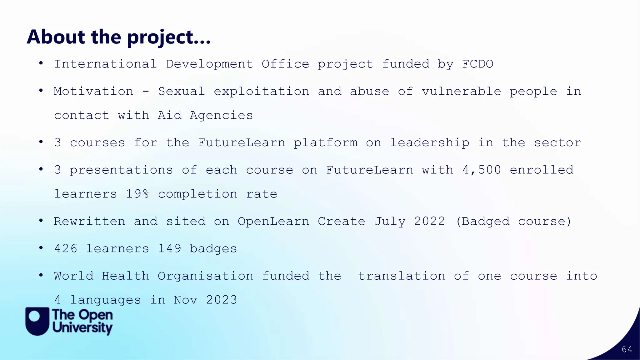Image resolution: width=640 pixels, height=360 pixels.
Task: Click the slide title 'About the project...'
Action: (x=119, y=37)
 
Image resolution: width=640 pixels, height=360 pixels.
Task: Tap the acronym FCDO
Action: (x=477, y=64)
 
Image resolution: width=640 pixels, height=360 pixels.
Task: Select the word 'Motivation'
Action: (x=93, y=92)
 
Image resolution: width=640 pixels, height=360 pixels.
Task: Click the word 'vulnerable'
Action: (x=461, y=92)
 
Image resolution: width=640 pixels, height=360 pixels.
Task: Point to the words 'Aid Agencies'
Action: (x=205, y=116)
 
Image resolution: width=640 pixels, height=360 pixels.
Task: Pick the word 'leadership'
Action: (x=429, y=143)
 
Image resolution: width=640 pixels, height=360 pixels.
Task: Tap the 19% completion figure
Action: (x=137, y=194)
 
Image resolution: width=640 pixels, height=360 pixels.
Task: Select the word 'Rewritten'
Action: (x=89, y=222)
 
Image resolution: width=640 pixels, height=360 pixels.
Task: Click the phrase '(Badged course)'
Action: (x=513, y=222)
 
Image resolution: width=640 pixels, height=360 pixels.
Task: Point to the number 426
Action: (x=66, y=249)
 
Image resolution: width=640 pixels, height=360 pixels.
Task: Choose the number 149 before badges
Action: (x=169, y=249)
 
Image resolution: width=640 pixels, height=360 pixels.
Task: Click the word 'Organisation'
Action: (x=205, y=276)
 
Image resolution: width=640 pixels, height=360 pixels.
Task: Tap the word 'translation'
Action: (x=401, y=276)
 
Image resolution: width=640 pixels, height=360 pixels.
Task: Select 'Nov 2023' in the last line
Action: (x=205, y=300)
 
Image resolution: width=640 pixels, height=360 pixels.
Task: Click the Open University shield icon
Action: (x=37, y=321)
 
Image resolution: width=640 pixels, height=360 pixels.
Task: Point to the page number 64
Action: (x=627, y=349)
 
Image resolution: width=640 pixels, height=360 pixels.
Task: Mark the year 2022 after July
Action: (x=429, y=222)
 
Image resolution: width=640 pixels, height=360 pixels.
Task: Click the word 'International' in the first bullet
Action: (x=105, y=64)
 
